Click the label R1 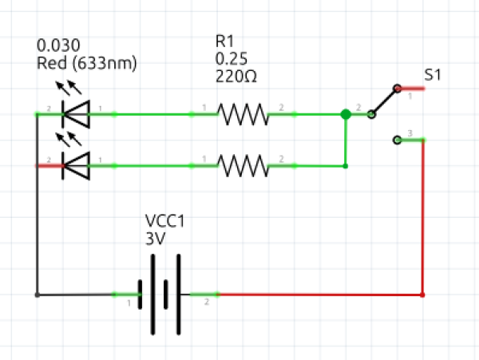[x=225, y=41]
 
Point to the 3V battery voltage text [x=154, y=238]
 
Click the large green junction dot [x=346, y=114]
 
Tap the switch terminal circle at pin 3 [x=398, y=140]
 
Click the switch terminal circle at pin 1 [x=397, y=88]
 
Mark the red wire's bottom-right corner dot [x=422, y=295]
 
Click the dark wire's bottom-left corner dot [x=37, y=295]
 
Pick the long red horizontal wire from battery [x=319, y=295]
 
